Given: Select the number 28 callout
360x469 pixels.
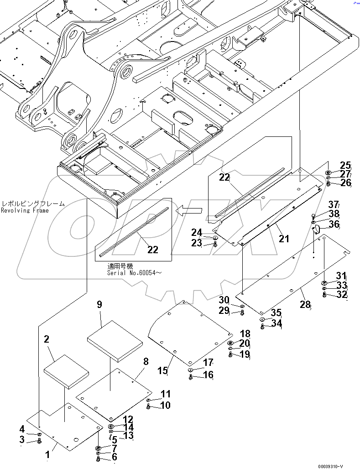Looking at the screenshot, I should [306, 304].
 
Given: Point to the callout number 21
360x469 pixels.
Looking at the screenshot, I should [284, 238].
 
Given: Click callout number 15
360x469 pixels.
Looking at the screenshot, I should [163, 370].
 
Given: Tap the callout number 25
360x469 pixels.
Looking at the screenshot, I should [345, 166].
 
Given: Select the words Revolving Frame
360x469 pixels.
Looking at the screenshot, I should [25, 210].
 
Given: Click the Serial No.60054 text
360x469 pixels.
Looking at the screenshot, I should [134, 273].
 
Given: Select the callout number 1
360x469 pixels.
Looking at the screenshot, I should [47, 454].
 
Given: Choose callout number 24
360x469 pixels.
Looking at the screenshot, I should [197, 233].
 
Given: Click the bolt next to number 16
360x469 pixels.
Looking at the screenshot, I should [191, 377].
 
